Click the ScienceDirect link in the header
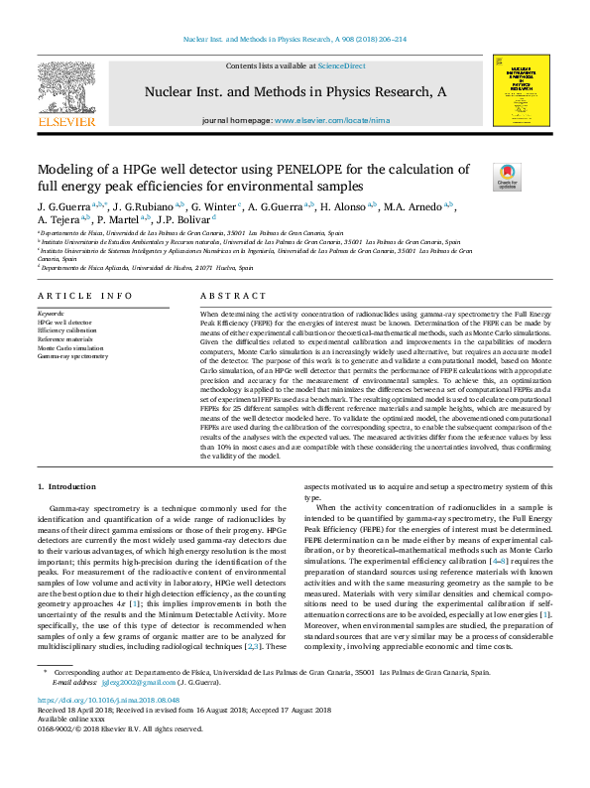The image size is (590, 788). [341, 66]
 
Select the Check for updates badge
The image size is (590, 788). [507, 177]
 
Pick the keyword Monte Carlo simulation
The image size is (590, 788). [70, 348]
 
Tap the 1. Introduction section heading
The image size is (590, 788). [66, 486]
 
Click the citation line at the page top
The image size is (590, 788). [295, 41]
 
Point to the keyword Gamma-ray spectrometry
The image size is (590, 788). [73, 356]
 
